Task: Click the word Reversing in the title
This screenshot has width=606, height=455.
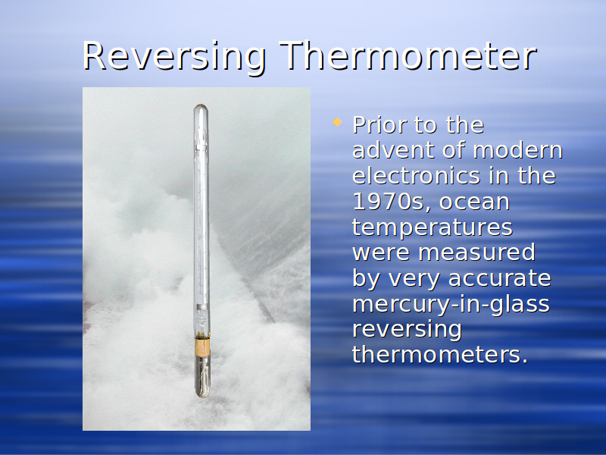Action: (174, 57)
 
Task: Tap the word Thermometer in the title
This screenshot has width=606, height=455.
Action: (408, 55)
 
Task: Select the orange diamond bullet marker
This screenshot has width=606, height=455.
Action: (337, 122)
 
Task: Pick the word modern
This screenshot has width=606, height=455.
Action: (518, 150)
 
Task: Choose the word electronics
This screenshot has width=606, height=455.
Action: (417, 176)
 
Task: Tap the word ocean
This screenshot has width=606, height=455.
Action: (475, 202)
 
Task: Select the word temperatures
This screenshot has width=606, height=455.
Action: (433, 228)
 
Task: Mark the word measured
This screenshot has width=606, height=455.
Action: (477, 253)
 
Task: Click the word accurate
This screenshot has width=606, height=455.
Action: (500, 278)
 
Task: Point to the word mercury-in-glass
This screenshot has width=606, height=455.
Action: (451, 305)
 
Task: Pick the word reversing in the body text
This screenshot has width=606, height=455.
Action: (407, 330)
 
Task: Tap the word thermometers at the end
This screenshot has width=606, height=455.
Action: (440, 354)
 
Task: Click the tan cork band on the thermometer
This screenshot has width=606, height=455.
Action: (202, 347)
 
